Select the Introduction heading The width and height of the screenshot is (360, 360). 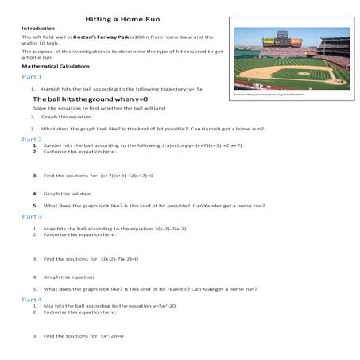(38, 28)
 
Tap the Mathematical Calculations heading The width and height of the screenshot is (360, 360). (58, 67)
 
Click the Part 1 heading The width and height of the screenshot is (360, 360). (32, 78)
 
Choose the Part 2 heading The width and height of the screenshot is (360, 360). (32, 139)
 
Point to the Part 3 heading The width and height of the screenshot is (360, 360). (32, 216)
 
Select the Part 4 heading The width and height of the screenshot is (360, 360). (32, 300)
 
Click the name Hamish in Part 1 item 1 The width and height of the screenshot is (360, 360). (52, 89)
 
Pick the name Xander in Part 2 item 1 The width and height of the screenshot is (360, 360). (53, 145)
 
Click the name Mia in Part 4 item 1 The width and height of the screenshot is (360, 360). (48, 306)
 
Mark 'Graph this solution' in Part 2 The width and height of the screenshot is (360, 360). (68, 193)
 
